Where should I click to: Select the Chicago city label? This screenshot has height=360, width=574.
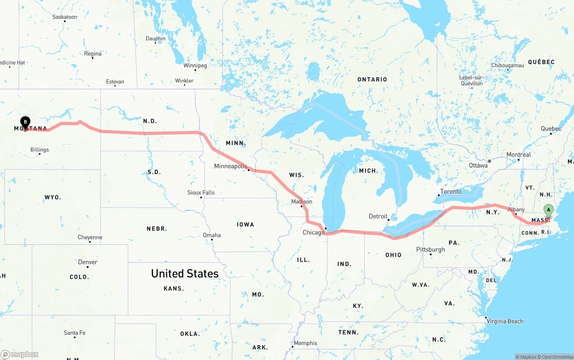[x=313, y=233]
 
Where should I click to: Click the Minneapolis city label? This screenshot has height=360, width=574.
[x=230, y=166]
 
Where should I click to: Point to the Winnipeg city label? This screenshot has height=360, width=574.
[x=195, y=65]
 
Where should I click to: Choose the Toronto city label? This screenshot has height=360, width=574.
[x=451, y=192]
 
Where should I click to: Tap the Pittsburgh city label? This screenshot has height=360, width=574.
[x=430, y=250]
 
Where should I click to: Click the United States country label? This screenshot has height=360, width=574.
[x=185, y=273]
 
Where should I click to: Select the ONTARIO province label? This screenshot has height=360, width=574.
[x=372, y=79]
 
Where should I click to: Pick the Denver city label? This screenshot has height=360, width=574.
[x=87, y=262]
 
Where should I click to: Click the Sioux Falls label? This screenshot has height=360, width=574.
[x=201, y=193]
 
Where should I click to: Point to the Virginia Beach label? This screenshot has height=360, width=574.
[x=505, y=321]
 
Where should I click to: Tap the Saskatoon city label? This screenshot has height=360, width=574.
[x=65, y=17]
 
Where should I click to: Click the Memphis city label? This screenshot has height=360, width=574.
[x=305, y=343]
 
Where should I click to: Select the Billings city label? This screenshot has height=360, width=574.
[x=39, y=150]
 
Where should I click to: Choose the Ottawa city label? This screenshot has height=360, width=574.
[x=478, y=165]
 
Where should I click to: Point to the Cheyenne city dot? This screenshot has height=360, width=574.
[x=90, y=242]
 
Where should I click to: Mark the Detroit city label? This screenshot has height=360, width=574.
[x=378, y=217]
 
